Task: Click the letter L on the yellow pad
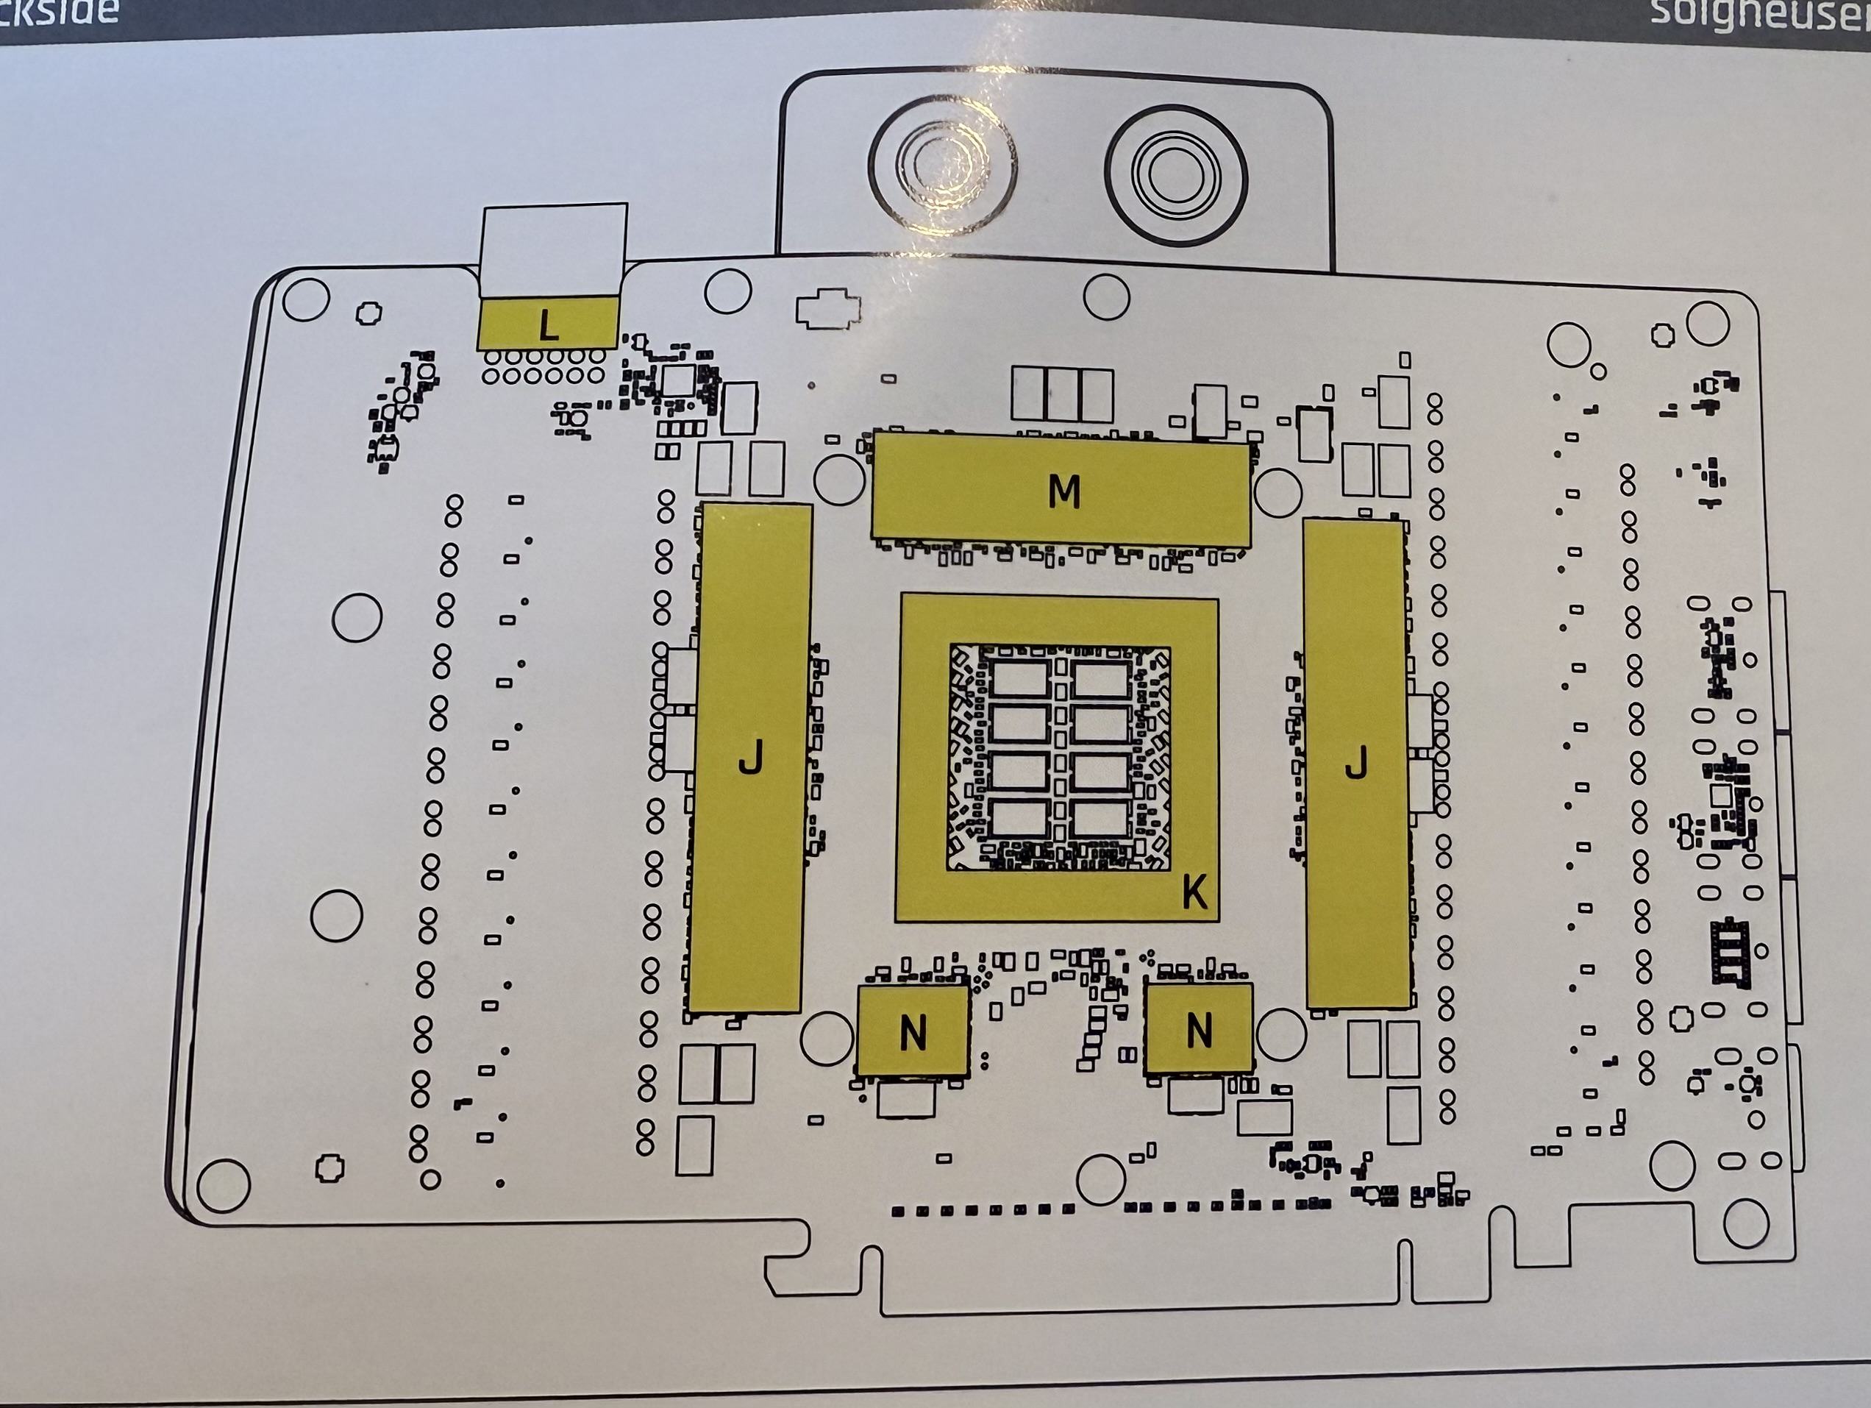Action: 548,324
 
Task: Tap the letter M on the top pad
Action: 1063,491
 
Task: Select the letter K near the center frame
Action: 1194,891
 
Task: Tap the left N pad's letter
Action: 913,1032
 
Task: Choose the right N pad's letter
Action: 1199,1030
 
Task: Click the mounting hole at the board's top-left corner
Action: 305,299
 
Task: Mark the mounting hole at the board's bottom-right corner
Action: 1745,1224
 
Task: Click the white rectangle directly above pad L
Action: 553,249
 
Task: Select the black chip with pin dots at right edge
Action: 1731,952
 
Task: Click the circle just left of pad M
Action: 839,480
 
